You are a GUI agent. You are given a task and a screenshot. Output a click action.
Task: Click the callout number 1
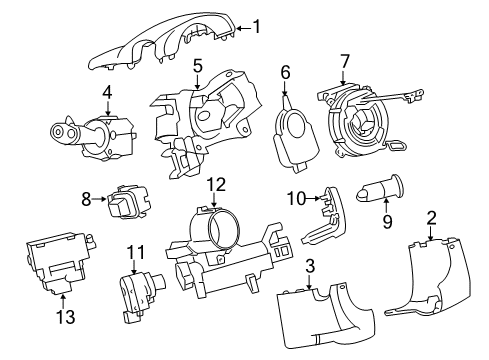click(x=259, y=27)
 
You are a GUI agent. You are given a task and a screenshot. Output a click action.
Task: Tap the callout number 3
click(x=311, y=266)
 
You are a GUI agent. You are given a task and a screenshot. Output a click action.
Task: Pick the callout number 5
click(x=198, y=67)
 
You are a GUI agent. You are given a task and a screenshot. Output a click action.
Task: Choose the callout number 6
click(x=285, y=72)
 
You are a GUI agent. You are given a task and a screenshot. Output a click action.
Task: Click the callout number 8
click(x=86, y=199)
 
